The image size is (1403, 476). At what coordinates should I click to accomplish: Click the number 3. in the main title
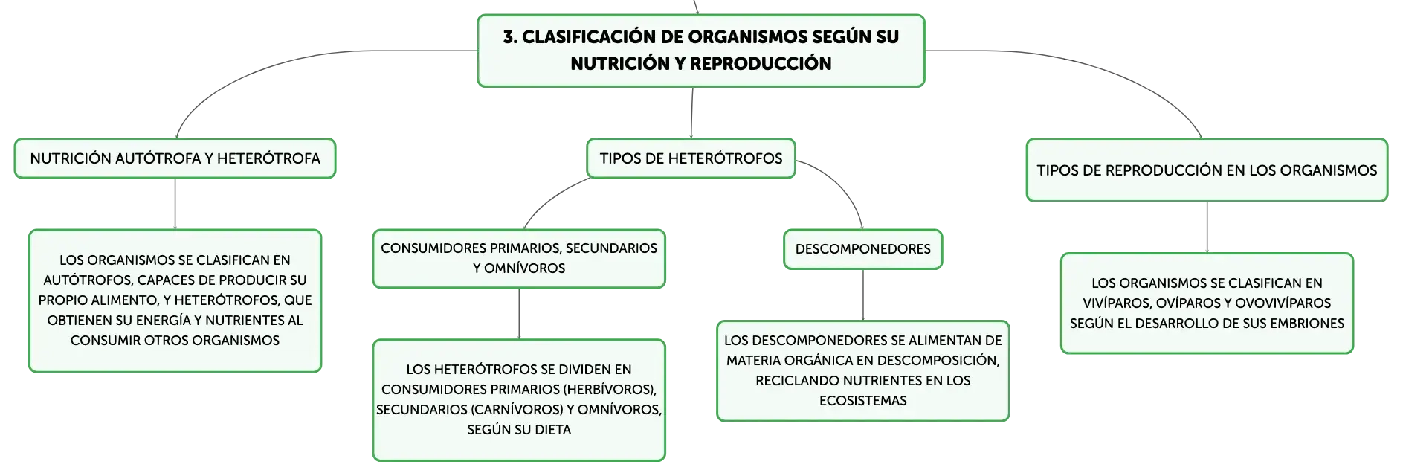click(x=510, y=37)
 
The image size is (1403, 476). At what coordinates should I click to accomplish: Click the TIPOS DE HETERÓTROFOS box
click(x=691, y=158)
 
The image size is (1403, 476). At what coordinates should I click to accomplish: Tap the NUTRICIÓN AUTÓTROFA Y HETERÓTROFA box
click(x=175, y=158)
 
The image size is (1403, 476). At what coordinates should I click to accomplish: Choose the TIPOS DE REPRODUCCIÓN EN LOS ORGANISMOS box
click(x=1207, y=170)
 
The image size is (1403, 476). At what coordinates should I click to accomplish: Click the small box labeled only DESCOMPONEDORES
click(x=862, y=249)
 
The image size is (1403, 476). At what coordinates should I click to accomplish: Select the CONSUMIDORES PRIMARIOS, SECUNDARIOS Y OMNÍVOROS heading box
click(x=519, y=259)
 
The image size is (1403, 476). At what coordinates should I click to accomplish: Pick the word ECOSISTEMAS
click(x=862, y=401)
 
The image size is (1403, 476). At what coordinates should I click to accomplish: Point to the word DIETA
click(x=552, y=430)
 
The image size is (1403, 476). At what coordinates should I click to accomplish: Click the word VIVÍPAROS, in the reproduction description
click(x=1117, y=303)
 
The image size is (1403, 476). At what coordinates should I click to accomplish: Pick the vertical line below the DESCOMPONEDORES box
click(x=863, y=295)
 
